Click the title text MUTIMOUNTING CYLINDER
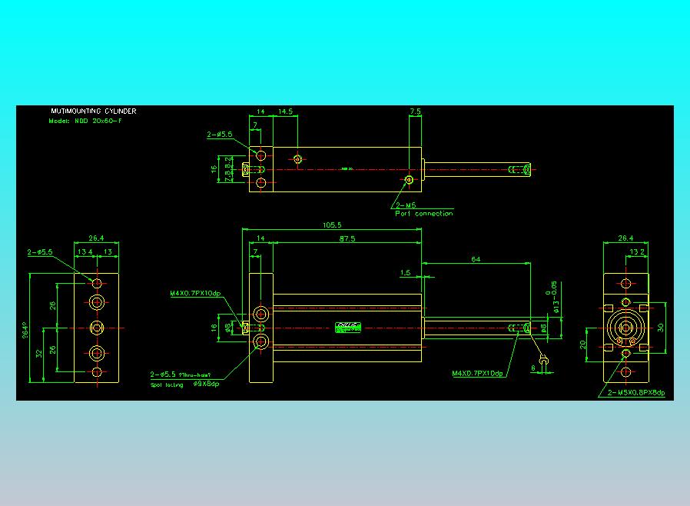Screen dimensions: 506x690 tap(93, 112)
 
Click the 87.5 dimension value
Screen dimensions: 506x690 tap(347, 239)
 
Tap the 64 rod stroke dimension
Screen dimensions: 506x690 tap(476, 260)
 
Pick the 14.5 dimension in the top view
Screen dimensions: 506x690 tap(285, 112)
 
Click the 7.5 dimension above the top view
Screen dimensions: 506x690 tap(415, 112)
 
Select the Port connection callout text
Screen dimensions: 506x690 tap(424, 214)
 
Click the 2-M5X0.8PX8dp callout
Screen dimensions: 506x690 tap(635, 393)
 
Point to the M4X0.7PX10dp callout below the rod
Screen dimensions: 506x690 tap(477, 374)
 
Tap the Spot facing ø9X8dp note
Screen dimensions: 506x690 tap(185, 384)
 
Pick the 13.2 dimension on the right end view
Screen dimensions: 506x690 tap(637, 252)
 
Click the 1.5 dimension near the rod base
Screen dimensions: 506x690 tap(405, 273)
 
